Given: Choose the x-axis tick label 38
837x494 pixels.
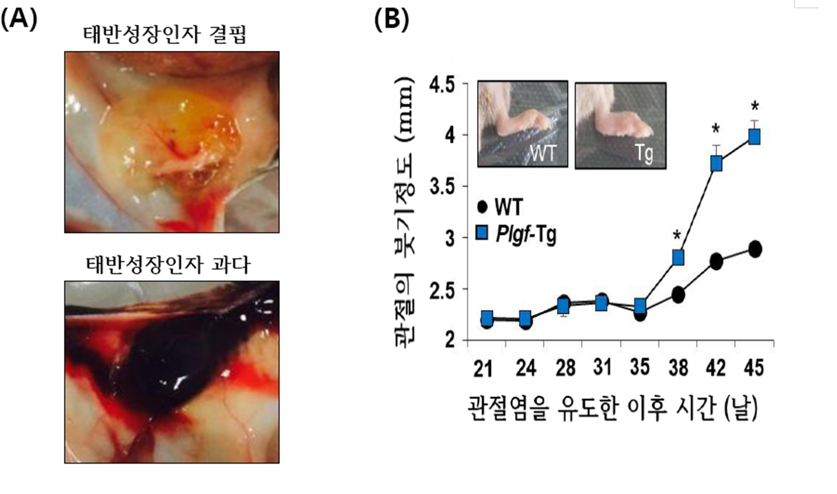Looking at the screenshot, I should click(x=678, y=369).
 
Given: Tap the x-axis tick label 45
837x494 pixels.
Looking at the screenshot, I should click(x=754, y=369).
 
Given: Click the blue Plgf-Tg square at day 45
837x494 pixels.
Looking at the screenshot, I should click(x=754, y=136).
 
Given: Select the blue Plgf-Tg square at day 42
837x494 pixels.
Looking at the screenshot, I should click(x=716, y=163).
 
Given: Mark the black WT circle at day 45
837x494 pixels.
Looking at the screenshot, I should click(x=755, y=249).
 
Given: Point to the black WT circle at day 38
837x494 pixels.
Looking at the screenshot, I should click(x=678, y=295).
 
